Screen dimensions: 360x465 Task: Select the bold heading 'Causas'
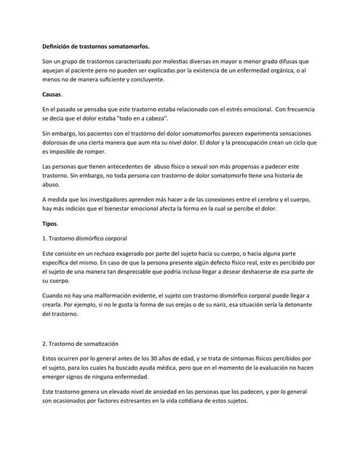point(52,94)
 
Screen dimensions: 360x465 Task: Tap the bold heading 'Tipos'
point(51,223)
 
